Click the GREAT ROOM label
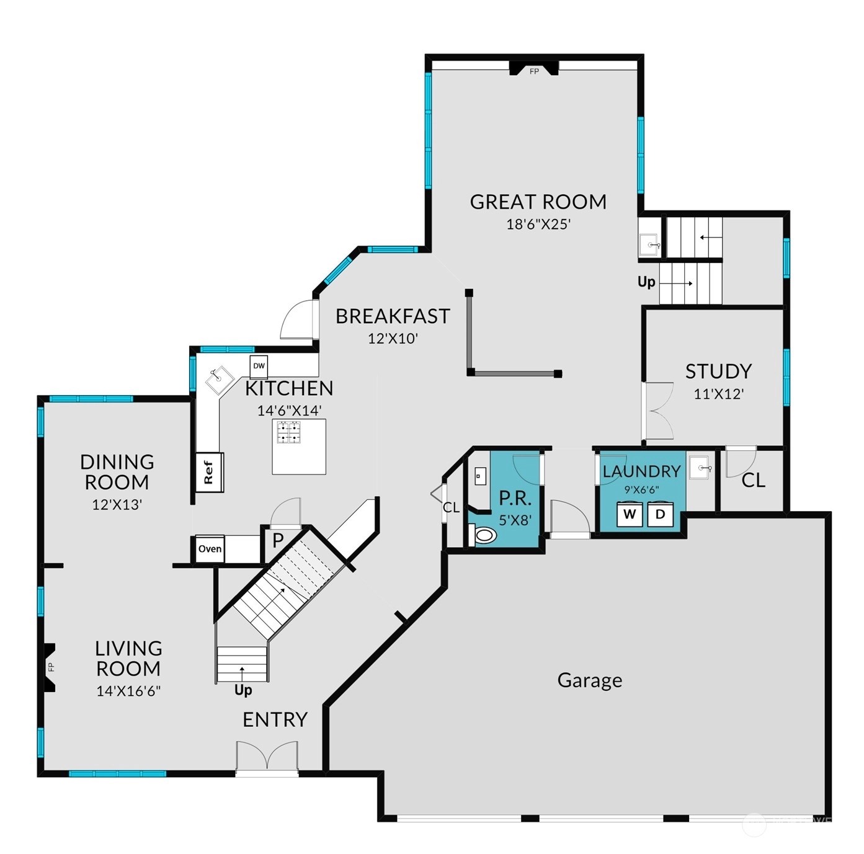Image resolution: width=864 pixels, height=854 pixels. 538,202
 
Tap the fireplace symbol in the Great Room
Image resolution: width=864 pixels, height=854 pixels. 533,69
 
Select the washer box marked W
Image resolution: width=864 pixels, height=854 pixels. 630,514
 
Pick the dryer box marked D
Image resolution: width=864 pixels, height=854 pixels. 660,514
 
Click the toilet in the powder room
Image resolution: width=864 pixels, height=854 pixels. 484,535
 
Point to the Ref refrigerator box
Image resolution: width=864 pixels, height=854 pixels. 209,473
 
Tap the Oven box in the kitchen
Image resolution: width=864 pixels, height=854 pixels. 210,549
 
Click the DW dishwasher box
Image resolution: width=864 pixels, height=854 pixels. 259,366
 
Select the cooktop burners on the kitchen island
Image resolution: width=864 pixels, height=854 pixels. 288,432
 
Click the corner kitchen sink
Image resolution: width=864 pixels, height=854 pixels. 219,380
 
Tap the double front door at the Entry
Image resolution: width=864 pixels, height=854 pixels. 267,757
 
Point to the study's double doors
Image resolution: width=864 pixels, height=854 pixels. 657,411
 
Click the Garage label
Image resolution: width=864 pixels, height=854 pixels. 589,680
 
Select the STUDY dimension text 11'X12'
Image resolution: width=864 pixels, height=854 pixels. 718,394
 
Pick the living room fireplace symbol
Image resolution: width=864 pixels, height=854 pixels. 49,667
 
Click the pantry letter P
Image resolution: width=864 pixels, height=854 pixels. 278,540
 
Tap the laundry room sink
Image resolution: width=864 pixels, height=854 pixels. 701,468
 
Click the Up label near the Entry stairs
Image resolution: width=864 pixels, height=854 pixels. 243,690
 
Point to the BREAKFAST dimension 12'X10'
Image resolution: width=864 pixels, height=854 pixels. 393,339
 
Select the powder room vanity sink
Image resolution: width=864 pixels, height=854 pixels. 479,476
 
